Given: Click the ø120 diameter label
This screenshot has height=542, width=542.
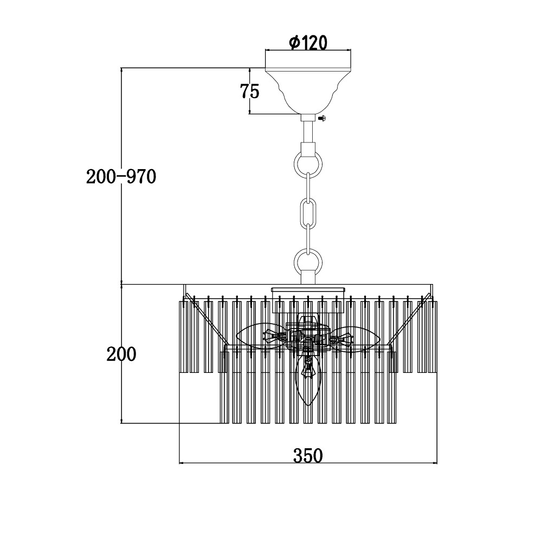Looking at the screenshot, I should tap(308, 42).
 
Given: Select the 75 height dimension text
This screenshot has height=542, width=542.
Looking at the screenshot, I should tap(250, 91).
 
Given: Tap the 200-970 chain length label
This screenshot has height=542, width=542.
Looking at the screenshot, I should tap(121, 177).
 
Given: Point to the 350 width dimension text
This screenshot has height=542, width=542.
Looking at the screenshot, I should tap(308, 455).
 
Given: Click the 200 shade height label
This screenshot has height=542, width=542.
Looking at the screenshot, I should tap(121, 355).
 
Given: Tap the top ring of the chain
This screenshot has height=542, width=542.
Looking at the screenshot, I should tap(308, 160).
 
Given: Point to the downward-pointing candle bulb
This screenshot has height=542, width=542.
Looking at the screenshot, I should tap(308, 379).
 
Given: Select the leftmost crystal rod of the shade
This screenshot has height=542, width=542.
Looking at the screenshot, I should tap(182, 336).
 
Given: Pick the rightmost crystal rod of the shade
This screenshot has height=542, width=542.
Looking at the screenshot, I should tap(434, 336).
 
